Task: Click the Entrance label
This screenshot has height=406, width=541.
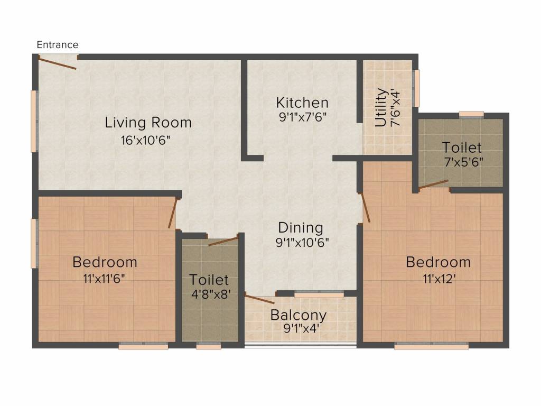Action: (x=58, y=44)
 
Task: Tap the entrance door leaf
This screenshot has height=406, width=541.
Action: (x=57, y=63)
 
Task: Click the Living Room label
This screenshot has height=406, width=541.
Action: (x=148, y=123)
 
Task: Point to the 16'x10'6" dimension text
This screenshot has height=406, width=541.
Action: (x=145, y=141)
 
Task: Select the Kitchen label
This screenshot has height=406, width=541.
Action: (x=302, y=103)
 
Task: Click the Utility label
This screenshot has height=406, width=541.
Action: (x=380, y=107)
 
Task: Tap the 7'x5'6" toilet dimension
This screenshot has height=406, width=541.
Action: (x=463, y=162)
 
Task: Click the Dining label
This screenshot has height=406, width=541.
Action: (x=301, y=228)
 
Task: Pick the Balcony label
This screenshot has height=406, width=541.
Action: (x=299, y=315)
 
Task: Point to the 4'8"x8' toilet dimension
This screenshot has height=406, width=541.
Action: (x=211, y=294)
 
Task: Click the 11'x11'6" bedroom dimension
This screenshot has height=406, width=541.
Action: (x=104, y=279)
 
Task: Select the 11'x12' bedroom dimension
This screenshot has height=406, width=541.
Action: (x=440, y=279)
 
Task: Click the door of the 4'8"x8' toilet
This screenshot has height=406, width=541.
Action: (x=223, y=241)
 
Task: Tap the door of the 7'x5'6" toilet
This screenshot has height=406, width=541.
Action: (x=433, y=184)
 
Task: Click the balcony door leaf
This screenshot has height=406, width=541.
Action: (x=259, y=299)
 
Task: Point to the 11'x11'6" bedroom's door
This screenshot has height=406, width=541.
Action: (x=173, y=214)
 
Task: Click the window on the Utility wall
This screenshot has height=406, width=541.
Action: (x=417, y=88)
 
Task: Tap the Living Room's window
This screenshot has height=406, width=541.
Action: (x=34, y=121)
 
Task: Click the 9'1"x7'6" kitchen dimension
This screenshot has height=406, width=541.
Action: (x=303, y=117)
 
